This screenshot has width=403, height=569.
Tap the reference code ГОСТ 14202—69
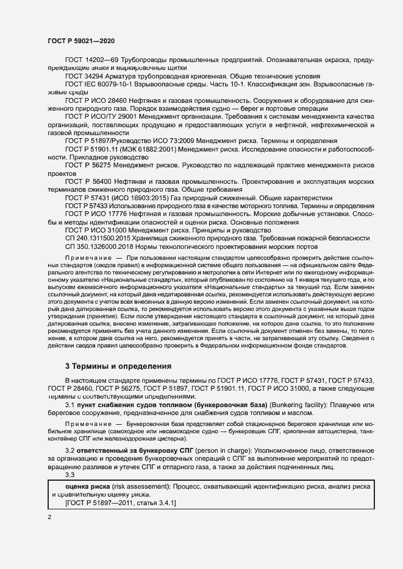coord(89,61)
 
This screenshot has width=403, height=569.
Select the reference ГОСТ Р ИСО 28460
coord(95,99)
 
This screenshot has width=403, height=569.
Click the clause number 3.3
coord(70,475)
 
